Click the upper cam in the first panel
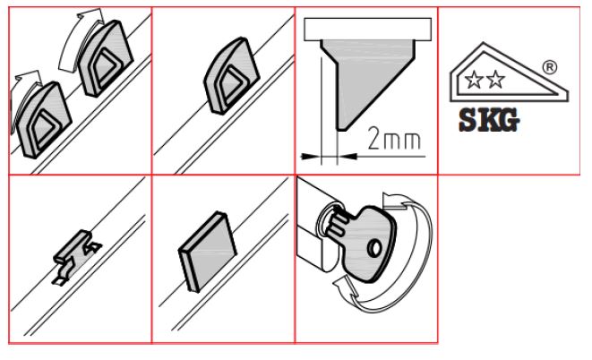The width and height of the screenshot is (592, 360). (x=105, y=59)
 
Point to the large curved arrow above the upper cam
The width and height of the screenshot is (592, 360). (x=82, y=38)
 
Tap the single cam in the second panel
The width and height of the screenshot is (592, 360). (x=231, y=75)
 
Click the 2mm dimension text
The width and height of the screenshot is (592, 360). (x=394, y=139)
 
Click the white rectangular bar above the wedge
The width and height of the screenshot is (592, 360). (x=368, y=29)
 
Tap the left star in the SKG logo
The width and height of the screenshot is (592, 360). (x=474, y=80)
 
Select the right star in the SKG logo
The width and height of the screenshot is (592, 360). (x=495, y=80)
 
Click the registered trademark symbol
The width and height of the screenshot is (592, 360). (x=550, y=67)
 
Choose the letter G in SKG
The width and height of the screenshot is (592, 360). (x=508, y=121)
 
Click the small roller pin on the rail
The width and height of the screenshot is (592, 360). (x=73, y=246)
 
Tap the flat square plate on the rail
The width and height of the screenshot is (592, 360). (x=207, y=252)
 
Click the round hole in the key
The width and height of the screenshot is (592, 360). (x=374, y=249)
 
